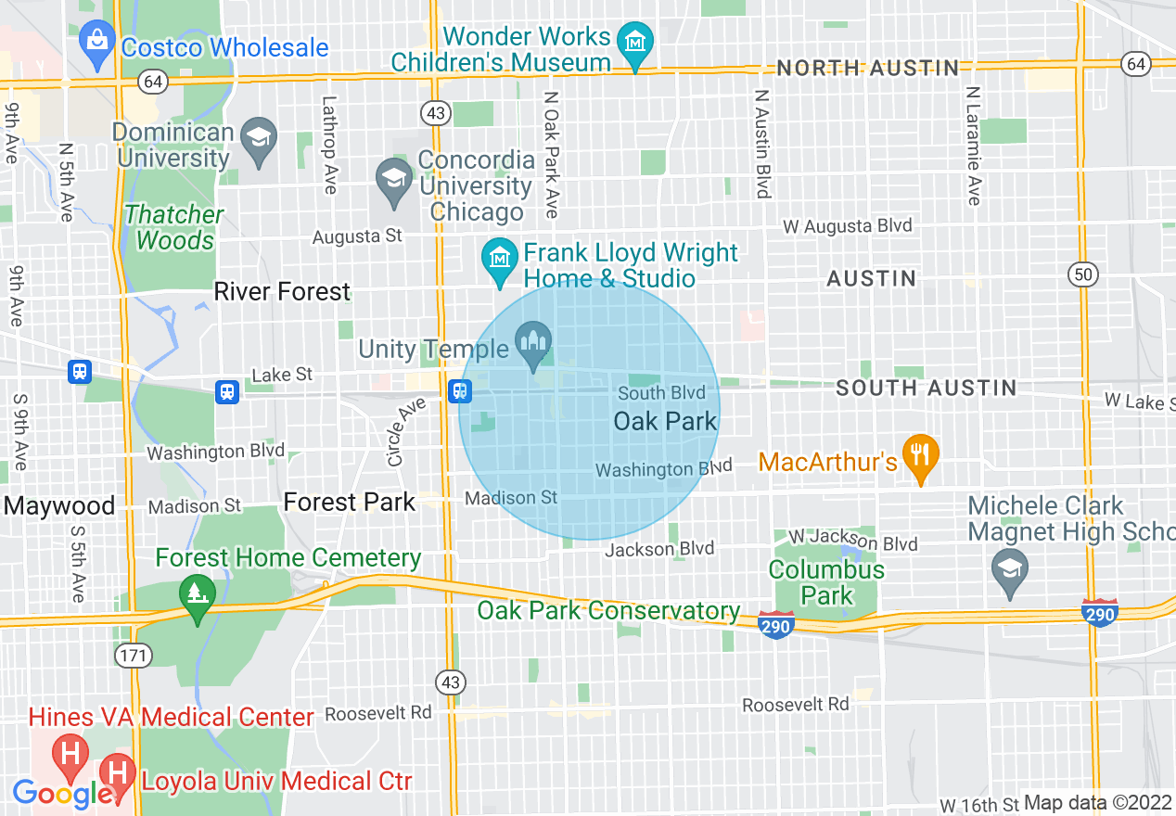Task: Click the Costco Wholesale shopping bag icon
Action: coord(96,40)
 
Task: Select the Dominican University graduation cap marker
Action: coord(259,137)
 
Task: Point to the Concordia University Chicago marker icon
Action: coord(394,176)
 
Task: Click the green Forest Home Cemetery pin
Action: coord(196,591)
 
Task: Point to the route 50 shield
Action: coord(1082,274)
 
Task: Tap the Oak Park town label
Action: coord(665,422)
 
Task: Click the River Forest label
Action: coord(282,292)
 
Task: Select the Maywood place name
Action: coord(59,506)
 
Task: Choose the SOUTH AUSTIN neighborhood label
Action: coord(926,389)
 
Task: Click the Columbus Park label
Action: coord(826,581)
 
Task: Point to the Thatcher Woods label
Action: coord(174,227)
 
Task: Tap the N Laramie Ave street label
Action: coord(973,146)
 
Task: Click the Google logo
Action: coord(62,794)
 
